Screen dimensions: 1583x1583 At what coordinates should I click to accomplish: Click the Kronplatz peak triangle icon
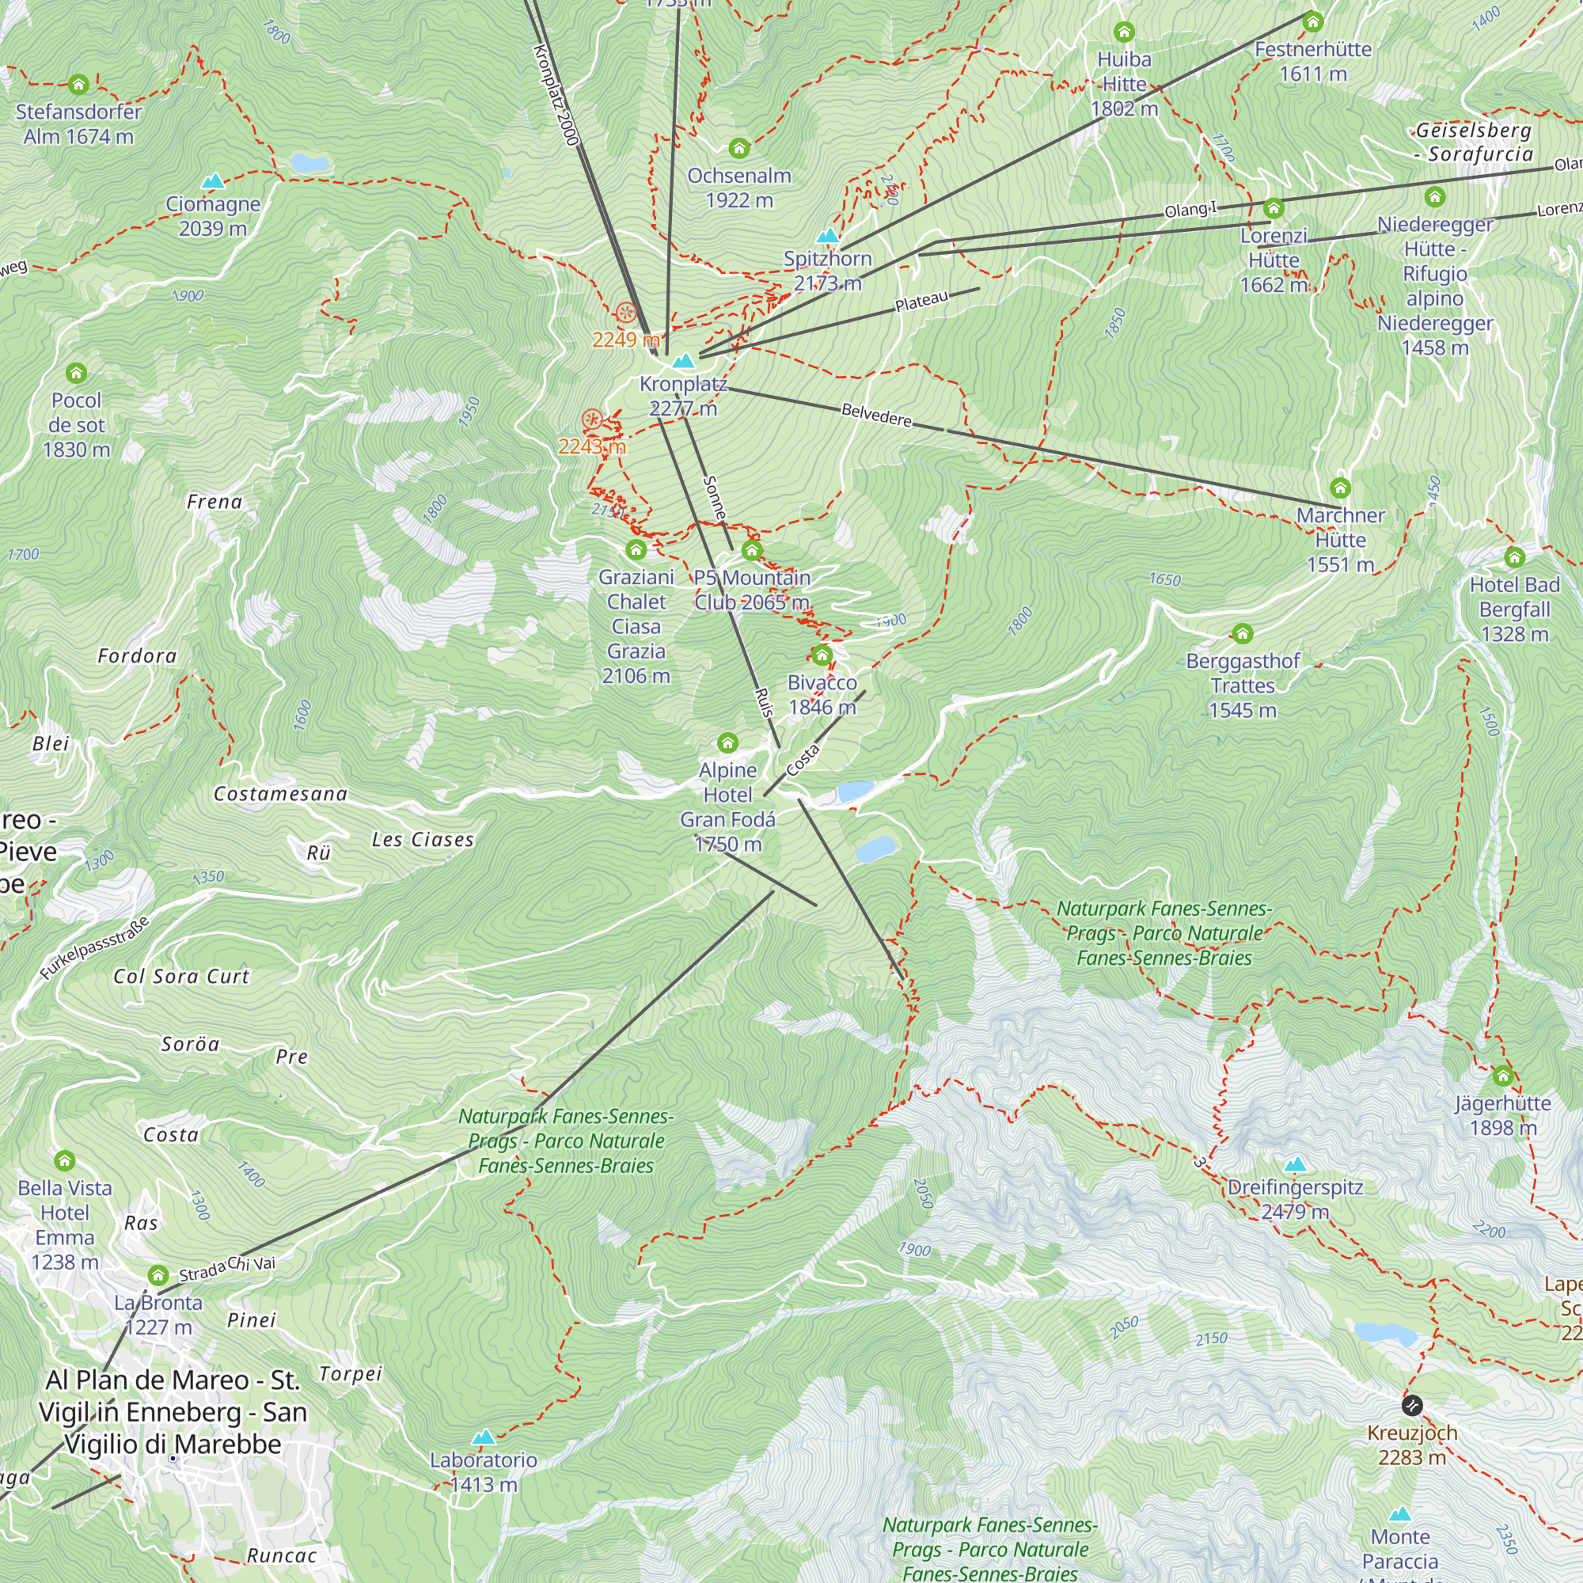[x=683, y=360]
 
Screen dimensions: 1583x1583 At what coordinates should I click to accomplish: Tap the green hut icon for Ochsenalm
[x=739, y=148]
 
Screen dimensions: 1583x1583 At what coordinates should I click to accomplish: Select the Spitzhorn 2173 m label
[x=828, y=271]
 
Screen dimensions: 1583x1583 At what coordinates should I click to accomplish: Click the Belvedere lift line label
[x=876, y=415]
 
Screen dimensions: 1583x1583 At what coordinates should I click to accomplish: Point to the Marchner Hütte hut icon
[x=1341, y=488]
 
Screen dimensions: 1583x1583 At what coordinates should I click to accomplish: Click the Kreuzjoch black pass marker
[x=1412, y=1406]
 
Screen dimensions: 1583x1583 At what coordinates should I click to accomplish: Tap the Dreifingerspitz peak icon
[x=1295, y=1164]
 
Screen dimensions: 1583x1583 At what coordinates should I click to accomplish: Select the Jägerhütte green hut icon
[x=1503, y=1076]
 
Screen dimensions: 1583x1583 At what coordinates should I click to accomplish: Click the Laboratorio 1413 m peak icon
[x=484, y=1437]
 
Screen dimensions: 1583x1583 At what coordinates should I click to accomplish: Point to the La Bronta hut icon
[x=158, y=1276]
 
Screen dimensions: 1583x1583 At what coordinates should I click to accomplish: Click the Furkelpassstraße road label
[x=95, y=948]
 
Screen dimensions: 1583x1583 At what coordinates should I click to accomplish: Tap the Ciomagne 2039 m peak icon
[x=213, y=181]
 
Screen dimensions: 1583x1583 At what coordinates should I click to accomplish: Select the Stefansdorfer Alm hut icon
[x=78, y=85]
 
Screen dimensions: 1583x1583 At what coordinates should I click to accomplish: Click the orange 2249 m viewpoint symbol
[x=625, y=312]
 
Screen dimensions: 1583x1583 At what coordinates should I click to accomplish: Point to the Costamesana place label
[x=280, y=794]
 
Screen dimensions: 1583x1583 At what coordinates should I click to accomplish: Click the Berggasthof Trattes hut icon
[x=1242, y=633]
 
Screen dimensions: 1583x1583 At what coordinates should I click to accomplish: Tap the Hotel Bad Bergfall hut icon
[x=1514, y=558]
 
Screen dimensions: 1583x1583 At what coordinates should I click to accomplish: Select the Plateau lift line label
[x=922, y=302]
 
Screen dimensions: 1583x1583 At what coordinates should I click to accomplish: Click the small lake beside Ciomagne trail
[x=309, y=163]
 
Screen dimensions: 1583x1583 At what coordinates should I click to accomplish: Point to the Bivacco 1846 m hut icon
[x=822, y=655]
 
